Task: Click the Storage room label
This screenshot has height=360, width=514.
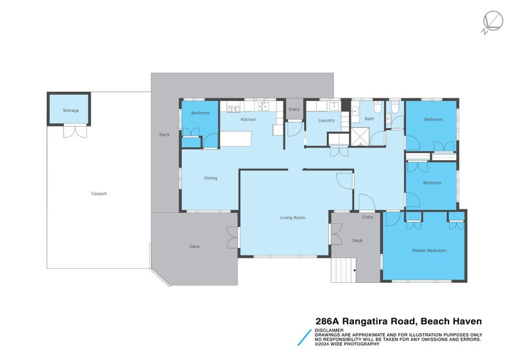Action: pos(71,111)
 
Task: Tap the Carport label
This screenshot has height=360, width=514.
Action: pos(99,194)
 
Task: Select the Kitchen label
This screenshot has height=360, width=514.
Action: pos(249,120)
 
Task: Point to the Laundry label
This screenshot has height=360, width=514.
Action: pos(326,120)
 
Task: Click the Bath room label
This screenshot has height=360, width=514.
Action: pos(369,119)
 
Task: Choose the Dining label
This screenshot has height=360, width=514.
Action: pos(211,178)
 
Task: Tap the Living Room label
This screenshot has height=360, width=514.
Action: pos(293,218)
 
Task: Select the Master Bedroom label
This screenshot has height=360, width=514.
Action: pos(429,250)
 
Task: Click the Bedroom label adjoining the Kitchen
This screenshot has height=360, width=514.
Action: pos(200,113)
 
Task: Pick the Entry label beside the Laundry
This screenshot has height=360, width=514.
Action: pos(294,109)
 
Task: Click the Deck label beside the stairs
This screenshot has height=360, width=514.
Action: pos(357,240)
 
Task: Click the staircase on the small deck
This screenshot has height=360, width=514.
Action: pos(343,269)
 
